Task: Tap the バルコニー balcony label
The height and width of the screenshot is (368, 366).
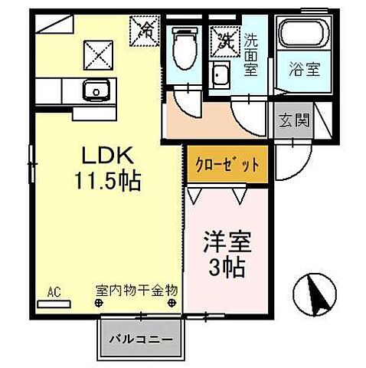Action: (140, 337)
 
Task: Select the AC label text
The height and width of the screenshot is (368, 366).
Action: (54, 291)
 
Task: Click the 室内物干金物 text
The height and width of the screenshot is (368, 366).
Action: (136, 291)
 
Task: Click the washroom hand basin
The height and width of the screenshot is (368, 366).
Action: (222, 76)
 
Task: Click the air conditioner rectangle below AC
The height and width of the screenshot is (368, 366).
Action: (53, 303)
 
